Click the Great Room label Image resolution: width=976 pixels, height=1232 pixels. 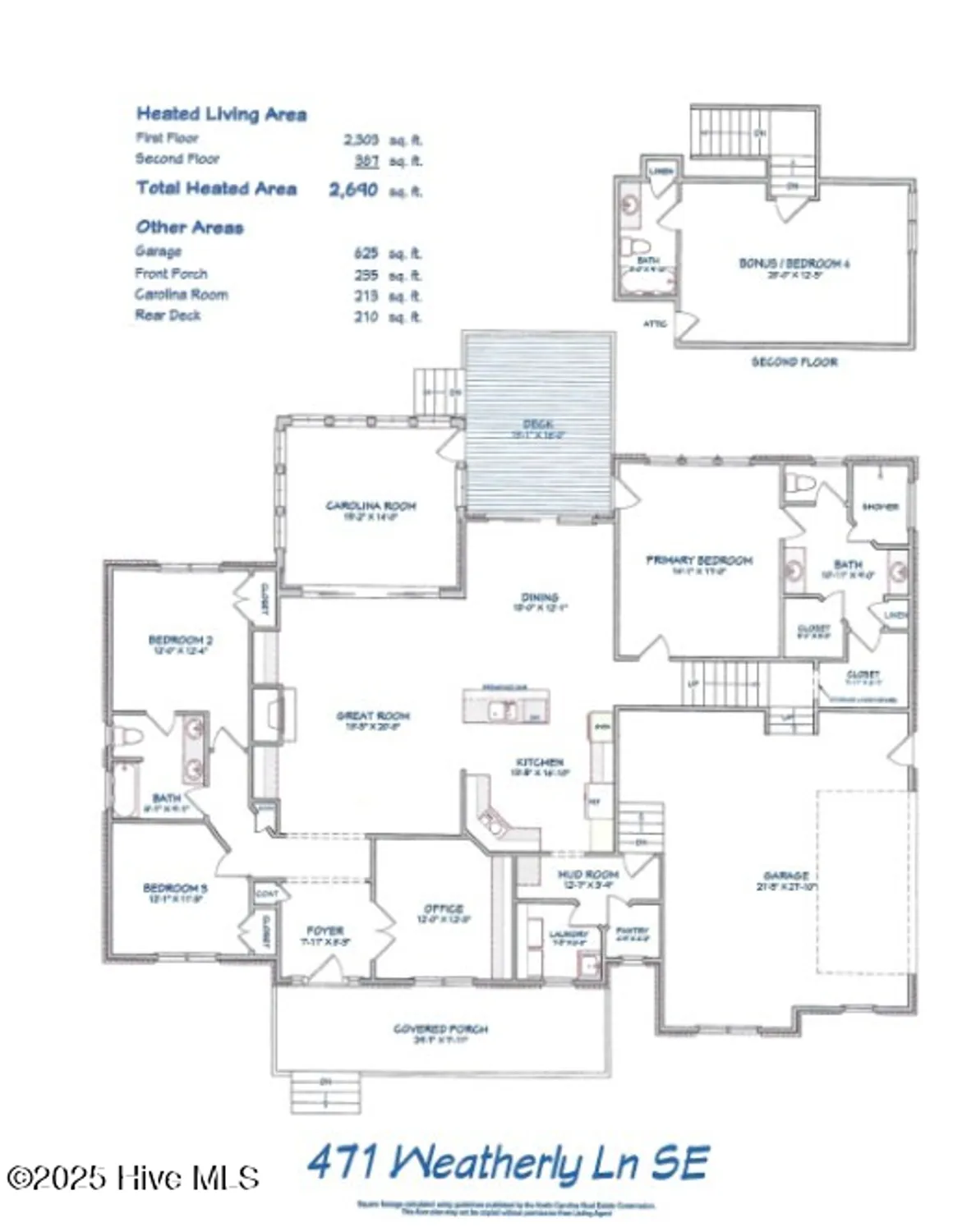372,716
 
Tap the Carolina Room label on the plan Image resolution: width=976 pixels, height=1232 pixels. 371,506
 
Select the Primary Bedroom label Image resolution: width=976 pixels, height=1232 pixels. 698,560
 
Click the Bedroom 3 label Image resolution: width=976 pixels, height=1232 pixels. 175,888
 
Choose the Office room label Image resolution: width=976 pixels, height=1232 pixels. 443,908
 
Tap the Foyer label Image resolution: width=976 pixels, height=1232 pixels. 325,931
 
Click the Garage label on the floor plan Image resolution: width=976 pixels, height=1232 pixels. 785,876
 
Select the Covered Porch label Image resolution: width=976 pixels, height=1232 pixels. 440,1028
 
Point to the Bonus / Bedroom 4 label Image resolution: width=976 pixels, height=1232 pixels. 794,264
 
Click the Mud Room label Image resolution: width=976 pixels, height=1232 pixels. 587,875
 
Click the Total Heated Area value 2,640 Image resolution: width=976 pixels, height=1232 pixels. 353,190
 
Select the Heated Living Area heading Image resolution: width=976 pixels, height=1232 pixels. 221,114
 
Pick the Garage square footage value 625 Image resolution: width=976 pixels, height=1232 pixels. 366,253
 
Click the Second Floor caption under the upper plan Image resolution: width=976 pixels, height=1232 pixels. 794,361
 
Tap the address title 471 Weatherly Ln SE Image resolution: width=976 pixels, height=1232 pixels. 507,1164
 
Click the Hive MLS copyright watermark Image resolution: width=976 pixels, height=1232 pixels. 133,1178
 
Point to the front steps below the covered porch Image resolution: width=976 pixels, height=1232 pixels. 326,1093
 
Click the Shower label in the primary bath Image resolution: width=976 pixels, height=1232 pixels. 880,507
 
